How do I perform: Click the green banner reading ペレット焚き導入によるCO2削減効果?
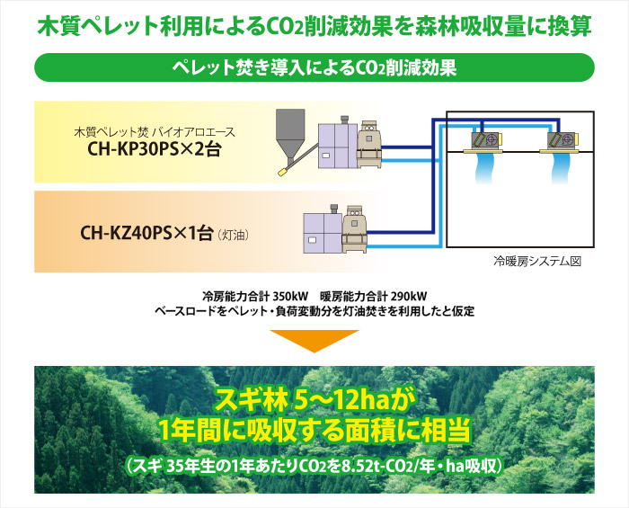pyautogui.click(x=314, y=67)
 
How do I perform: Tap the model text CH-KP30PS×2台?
pyautogui.click(x=155, y=149)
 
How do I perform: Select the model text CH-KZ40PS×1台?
pyautogui.click(x=146, y=233)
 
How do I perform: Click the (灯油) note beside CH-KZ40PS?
pyautogui.click(x=233, y=235)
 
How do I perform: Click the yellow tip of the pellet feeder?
pyautogui.click(x=282, y=172)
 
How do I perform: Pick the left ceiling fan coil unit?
pyautogui.click(x=483, y=142)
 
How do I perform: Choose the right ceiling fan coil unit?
pyautogui.click(x=560, y=142)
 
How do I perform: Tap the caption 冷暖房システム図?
pyautogui.click(x=536, y=262)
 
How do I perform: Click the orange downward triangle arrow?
pyautogui.click(x=314, y=341)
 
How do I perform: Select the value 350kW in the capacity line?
pyautogui.click(x=290, y=297)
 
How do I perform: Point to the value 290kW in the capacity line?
pyautogui.click(x=409, y=297)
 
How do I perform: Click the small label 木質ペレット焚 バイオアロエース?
pyautogui.click(x=155, y=131)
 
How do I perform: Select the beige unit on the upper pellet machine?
pyautogui.click(x=368, y=144)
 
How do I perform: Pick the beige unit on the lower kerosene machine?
pyautogui.click(x=355, y=229)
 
